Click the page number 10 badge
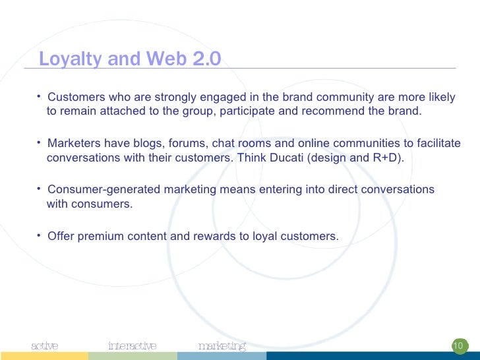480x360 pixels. click(458, 345)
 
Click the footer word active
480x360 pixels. click(45, 345)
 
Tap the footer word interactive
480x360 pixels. click(133, 345)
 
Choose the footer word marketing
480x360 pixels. click(222, 345)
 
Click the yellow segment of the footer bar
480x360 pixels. click(44, 356)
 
